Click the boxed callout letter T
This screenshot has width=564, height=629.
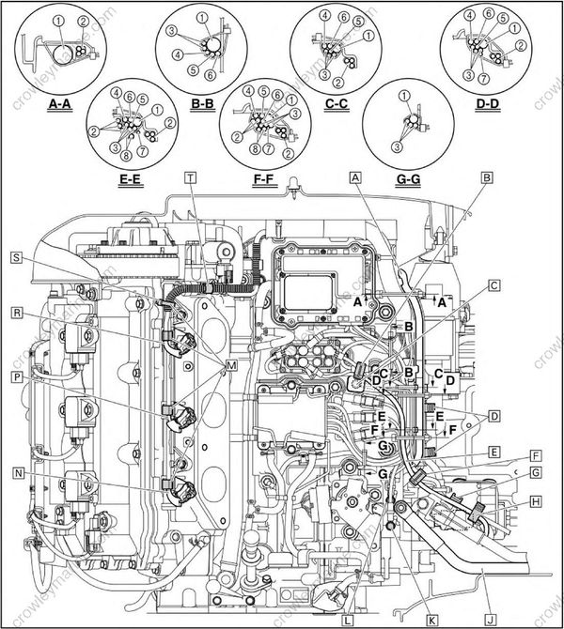click(x=191, y=176)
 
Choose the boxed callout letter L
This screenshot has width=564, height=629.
click(x=348, y=621)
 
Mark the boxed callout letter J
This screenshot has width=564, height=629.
click(x=491, y=621)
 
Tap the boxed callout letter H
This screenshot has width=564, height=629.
click(x=535, y=501)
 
